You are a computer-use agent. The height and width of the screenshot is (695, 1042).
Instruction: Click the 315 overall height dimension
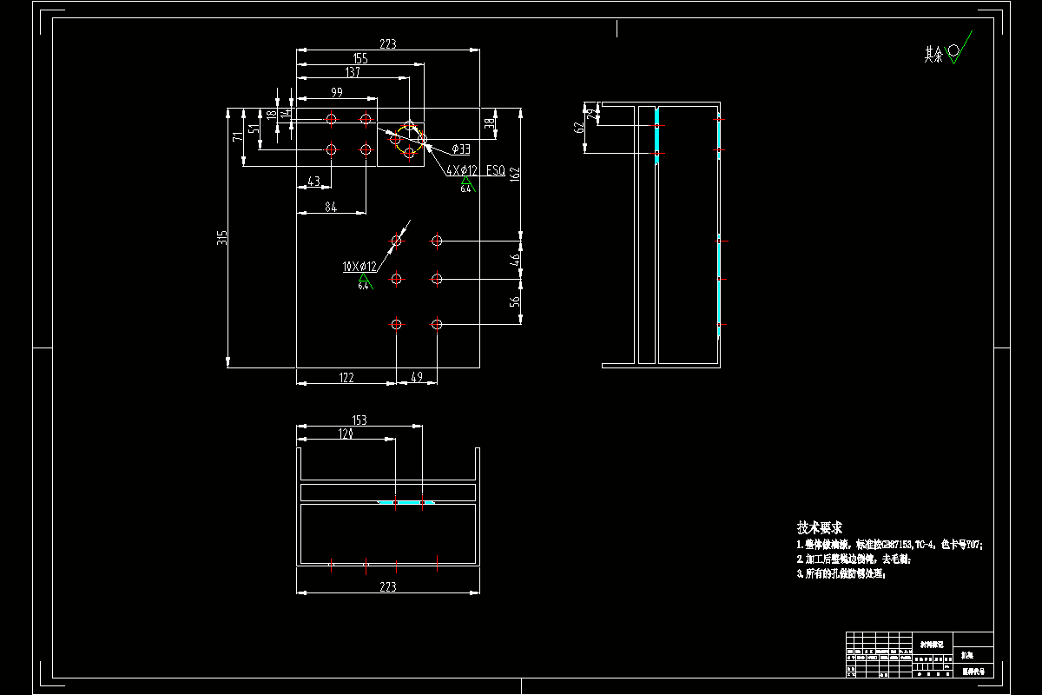point(222,237)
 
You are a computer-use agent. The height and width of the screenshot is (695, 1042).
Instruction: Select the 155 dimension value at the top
point(359,58)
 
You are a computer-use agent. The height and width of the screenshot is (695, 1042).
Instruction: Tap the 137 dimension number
point(353,72)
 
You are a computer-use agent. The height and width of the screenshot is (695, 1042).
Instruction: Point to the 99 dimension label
point(336,92)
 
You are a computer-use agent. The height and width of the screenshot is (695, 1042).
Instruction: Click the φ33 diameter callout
point(461,149)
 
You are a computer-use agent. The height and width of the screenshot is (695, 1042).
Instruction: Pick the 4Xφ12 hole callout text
point(461,170)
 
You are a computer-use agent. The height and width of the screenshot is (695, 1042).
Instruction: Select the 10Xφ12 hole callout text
point(359,267)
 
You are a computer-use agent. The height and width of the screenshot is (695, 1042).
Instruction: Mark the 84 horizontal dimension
point(331,206)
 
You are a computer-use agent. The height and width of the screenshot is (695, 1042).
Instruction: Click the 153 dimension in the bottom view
point(359,420)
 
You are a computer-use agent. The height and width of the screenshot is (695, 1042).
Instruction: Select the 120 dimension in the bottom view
point(346,433)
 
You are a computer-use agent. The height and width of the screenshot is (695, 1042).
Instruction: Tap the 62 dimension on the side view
point(579,128)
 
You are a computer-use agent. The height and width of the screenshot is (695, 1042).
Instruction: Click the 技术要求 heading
point(820,527)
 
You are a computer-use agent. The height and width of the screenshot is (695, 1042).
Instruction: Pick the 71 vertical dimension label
point(237,137)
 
